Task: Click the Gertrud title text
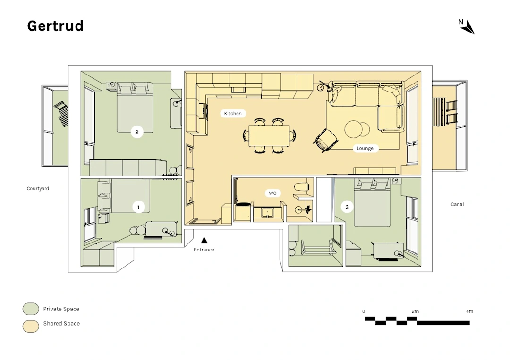(x=55, y=26)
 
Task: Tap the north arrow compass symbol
(x=469, y=27)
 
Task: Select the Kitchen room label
(x=233, y=113)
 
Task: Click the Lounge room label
(x=365, y=148)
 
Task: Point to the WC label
(x=272, y=193)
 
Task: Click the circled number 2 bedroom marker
(x=137, y=132)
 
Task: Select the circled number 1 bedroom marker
(x=138, y=207)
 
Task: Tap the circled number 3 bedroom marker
(x=347, y=207)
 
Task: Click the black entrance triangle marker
(x=204, y=240)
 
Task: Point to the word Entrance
(x=204, y=250)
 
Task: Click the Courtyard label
(x=38, y=188)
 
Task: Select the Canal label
(x=457, y=204)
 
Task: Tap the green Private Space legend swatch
(x=31, y=309)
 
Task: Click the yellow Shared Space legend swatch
(x=31, y=326)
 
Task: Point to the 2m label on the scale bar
(x=415, y=311)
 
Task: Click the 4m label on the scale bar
(x=469, y=311)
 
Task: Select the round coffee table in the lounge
(x=357, y=129)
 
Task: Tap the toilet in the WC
(x=301, y=187)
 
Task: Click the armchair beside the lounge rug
(x=325, y=140)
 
